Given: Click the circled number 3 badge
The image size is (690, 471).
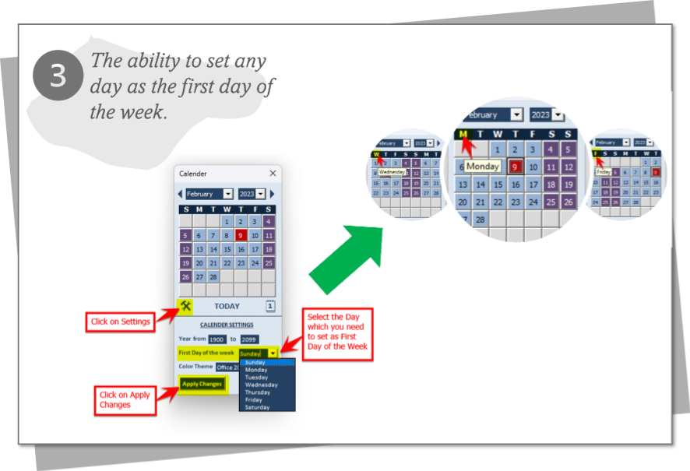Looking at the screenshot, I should click(x=58, y=76).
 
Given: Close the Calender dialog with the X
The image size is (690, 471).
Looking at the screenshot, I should click(x=273, y=174).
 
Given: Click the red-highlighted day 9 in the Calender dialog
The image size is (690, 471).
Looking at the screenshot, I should click(x=241, y=235).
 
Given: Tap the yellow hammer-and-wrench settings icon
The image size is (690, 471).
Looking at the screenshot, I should click(x=185, y=306).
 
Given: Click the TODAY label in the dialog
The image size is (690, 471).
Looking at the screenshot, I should click(x=227, y=307).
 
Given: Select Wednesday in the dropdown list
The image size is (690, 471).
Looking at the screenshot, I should click(x=261, y=385).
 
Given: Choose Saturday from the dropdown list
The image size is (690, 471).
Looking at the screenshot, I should click(x=257, y=407).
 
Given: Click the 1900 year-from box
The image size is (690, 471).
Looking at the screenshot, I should click(x=217, y=339).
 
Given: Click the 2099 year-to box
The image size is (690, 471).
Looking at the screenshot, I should click(x=249, y=339).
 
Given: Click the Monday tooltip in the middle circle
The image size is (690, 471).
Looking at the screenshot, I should click(x=482, y=166).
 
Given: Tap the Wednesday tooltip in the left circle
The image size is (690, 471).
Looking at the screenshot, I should click(x=392, y=171).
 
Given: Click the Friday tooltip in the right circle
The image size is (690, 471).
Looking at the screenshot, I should click(x=604, y=171).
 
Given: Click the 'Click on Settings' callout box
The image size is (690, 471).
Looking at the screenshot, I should click(x=120, y=322).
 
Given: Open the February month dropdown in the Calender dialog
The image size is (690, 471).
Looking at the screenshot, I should click(x=227, y=194).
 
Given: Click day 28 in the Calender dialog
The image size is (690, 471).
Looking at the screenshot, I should click(x=213, y=276).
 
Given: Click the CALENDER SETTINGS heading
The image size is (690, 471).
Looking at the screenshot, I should click(x=226, y=325).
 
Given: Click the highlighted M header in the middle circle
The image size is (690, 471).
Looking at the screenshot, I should click(x=464, y=135).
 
